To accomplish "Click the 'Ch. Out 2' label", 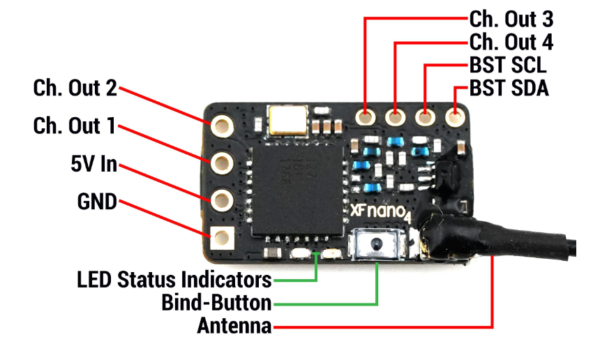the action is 75,88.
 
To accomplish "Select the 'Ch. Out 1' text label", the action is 74,126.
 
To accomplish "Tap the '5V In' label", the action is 93,164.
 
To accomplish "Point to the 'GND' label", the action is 97,201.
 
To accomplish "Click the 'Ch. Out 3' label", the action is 511,19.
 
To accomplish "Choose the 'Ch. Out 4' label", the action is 511,42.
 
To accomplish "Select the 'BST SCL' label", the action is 508,65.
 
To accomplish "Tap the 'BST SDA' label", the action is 509,89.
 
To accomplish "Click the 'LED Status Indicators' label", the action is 174,280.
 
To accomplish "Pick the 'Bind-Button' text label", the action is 216,303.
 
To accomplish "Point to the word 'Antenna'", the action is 234,326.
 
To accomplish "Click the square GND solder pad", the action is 222,238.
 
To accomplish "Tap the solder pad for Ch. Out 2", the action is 222,125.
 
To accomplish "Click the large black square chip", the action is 297,190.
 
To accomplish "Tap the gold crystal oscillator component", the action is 288,120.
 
